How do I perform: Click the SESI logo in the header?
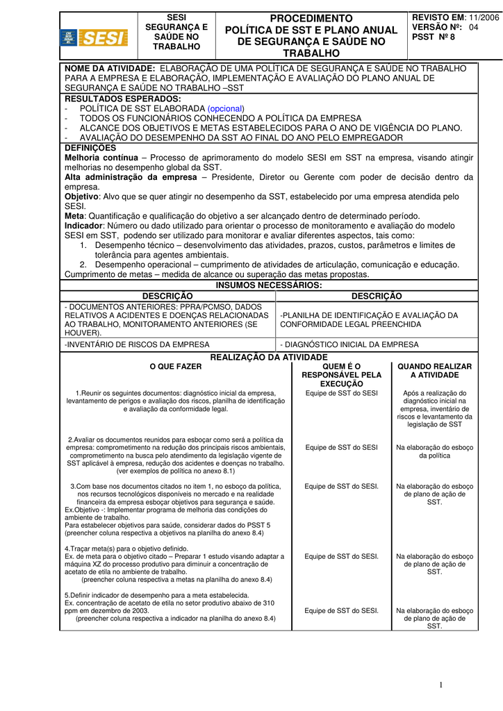click(x=94, y=37)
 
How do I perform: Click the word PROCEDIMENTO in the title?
click(x=311, y=18)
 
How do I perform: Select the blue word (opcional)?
click(x=226, y=109)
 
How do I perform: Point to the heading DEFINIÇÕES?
click(x=90, y=148)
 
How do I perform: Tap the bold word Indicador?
click(x=83, y=226)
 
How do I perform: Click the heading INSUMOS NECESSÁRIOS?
click(x=269, y=285)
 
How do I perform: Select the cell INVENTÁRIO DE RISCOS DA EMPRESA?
click(x=137, y=344)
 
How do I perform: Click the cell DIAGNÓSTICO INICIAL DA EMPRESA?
click(x=349, y=344)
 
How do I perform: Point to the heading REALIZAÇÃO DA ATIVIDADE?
click(x=269, y=357)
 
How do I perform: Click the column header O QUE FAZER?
click(x=176, y=367)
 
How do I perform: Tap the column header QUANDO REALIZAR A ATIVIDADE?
click(x=434, y=371)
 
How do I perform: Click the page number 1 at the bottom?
click(x=440, y=685)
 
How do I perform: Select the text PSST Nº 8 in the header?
click(x=434, y=37)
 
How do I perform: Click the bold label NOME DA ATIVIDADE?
click(x=110, y=69)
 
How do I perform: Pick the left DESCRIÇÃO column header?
click(x=167, y=296)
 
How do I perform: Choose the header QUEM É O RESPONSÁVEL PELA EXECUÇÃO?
click(x=341, y=375)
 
